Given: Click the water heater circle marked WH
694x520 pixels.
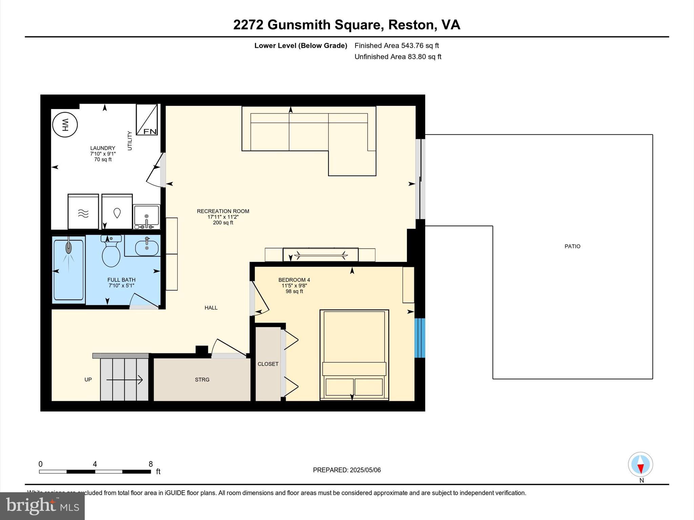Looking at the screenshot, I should click(x=65, y=125).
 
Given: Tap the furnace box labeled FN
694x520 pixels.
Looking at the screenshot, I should click(x=147, y=120).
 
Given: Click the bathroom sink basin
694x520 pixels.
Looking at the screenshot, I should click(x=146, y=248).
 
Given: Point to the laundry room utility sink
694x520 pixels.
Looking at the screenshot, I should click(x=146, y=215).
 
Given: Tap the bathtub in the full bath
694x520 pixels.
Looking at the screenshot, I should click(x=68, y=270).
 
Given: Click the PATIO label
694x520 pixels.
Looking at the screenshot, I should click(x=572, y=246).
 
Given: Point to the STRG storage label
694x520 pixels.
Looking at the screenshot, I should click(x=202, y=380).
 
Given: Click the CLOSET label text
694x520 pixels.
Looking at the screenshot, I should click(x=268, y=364).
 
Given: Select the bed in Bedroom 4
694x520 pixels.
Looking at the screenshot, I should click(x=354, y=354).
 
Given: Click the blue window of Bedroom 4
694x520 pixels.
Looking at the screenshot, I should click(x=420, y=338).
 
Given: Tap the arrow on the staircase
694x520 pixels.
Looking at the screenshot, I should click(x=125, y=380).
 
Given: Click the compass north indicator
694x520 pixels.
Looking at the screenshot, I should click(x=640, y=465).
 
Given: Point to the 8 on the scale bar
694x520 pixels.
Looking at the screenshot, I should click(x=150, y=464).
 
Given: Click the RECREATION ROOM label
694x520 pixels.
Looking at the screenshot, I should click(x=223, y=211).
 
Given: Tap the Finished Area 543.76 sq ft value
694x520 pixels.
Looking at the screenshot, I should click(x=420, y=45).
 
